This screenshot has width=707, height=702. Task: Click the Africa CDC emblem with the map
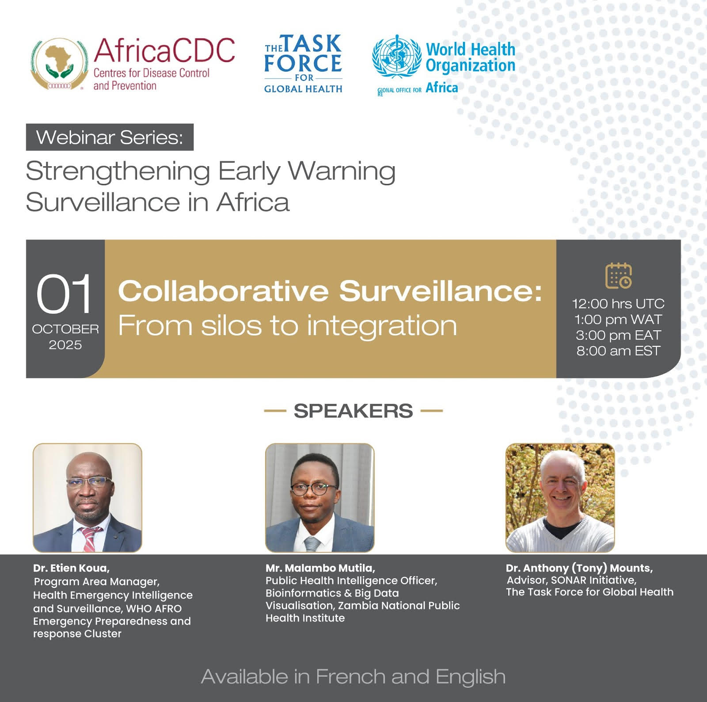(58, 64)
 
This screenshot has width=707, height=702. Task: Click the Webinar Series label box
(110, 137)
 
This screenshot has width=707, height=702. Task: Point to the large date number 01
(64, 294)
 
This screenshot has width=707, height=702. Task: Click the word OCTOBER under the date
(65, 329)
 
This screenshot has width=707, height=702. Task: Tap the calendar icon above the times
(618, 275)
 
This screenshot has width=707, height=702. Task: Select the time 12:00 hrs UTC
(618, 304)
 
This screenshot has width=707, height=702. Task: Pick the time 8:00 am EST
(618, 351)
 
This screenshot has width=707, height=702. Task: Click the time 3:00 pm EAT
(618, 335)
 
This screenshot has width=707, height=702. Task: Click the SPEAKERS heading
(353, 411)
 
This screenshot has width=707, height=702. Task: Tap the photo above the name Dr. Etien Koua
(87, 498)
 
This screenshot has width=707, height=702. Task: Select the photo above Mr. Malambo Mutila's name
(319, 498)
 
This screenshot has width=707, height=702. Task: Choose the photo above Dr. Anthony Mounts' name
(560, 498)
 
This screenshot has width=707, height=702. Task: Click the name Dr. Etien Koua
(71, 568)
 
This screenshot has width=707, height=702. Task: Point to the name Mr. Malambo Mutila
(320, 568)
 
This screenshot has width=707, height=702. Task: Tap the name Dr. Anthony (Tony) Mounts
(579, 568)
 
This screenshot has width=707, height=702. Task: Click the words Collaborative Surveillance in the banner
(330, 292)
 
